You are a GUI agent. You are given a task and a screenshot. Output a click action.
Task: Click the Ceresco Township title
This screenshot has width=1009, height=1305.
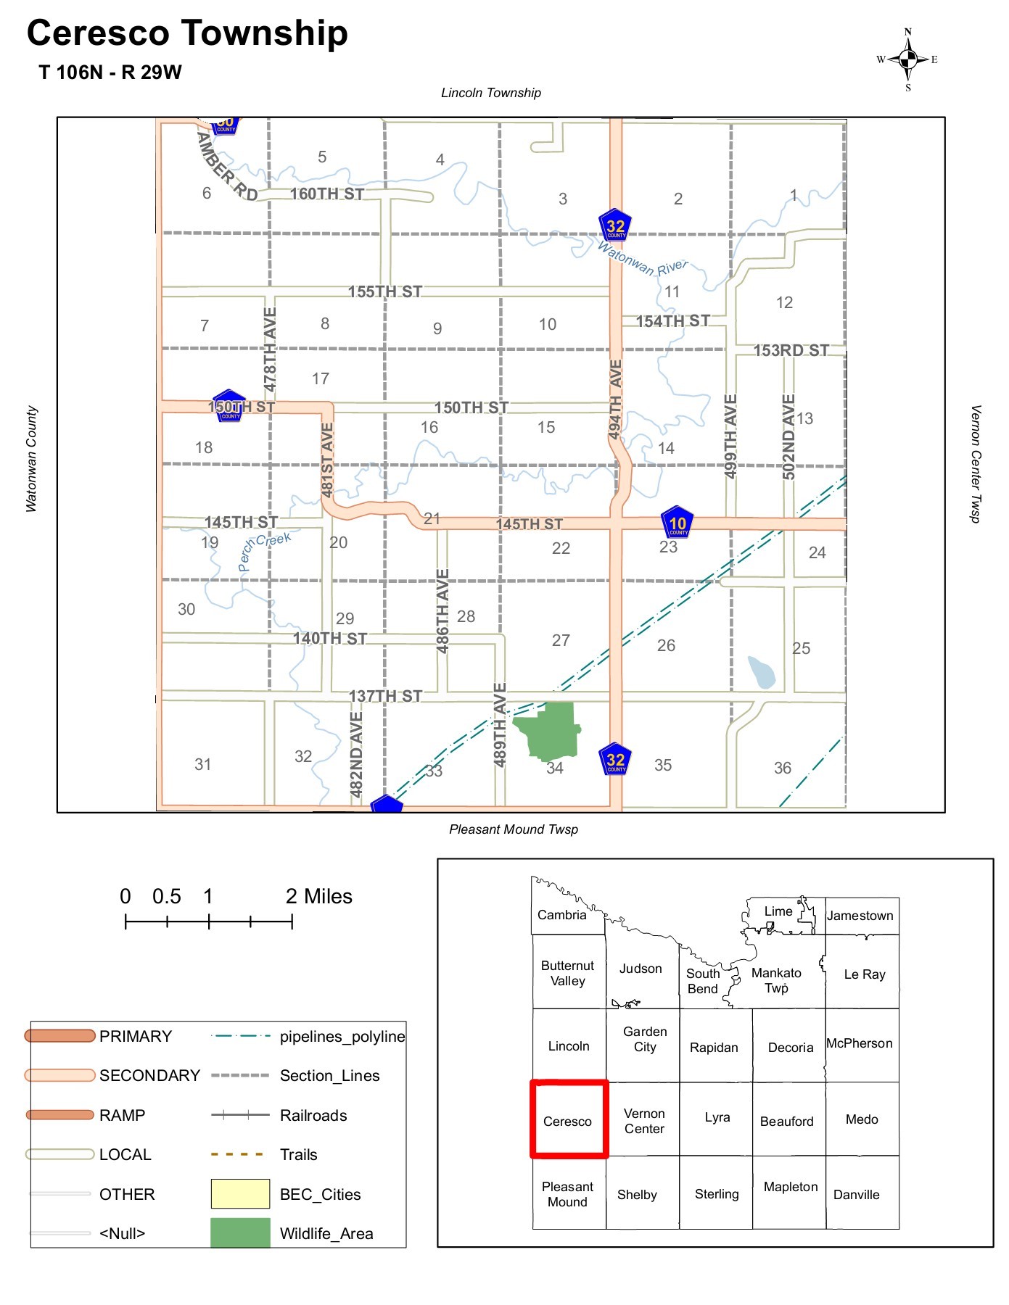pos(187,33)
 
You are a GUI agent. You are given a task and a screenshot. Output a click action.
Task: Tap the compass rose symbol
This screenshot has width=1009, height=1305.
pos(907,59)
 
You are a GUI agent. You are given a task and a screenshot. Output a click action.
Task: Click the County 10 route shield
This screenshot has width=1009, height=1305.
pos(678,523)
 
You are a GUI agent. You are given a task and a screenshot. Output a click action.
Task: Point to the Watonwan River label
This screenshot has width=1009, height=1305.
pos(643,260)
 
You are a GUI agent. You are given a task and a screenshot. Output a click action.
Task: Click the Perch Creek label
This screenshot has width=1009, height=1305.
pos(265,551)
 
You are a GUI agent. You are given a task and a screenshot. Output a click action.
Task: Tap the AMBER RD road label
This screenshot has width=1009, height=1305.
pos(226,166)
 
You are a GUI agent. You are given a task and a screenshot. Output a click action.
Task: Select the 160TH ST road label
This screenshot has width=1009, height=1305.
pos(327,194)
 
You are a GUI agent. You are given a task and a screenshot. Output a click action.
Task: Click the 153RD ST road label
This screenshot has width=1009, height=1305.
pos(791,350)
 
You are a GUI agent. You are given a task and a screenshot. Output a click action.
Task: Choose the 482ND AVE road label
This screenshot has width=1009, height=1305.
pos(356,754)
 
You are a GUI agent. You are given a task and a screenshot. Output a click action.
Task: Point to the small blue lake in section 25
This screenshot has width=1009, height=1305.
pos(762,672)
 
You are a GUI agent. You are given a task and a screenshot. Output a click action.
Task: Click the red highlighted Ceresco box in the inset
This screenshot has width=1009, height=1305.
pos(569,1119)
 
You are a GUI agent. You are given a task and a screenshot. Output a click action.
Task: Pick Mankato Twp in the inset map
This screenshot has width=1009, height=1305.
pos(776,980)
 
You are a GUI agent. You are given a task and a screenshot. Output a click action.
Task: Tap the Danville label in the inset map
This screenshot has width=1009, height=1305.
pos(856,1194)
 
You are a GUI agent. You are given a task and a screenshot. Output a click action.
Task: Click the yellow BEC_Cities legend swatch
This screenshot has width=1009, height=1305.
pos(240,1194)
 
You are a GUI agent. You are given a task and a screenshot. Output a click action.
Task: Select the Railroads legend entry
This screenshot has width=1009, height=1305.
pos(313,1115)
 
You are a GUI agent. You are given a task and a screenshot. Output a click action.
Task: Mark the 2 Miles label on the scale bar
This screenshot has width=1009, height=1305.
pos(318,897)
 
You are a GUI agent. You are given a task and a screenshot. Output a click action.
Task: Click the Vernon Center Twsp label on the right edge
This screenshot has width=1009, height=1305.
pos(976,464)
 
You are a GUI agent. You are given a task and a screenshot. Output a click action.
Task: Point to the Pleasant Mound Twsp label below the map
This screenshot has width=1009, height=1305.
pos(514,829)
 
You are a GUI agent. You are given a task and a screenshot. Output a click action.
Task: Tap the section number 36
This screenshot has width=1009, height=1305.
pos(782,768)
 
